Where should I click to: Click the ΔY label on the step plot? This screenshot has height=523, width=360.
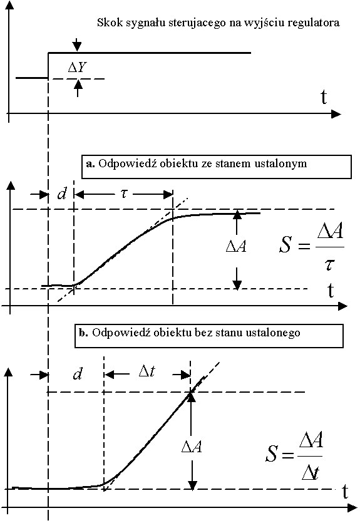pyautogui.click(x=78, y=68)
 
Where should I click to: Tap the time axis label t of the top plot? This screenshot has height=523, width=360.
pyautogui.click(x=324, y=97)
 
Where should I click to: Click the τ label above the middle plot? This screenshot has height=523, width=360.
pyautogui.click(x=124, y=193)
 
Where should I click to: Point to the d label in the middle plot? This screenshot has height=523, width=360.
pyautogui.click(x=62, y=194)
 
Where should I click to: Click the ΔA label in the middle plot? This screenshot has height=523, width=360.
pyautogui.click(x=236, y=247)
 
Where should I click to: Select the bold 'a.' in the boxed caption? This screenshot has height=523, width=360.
pyautogui.click(x=90, y=163)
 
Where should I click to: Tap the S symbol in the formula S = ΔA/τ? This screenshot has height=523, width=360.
pyautogui.click(x=285, y=244)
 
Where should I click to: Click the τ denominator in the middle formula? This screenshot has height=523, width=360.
pyautogui.click(x=329, y=264)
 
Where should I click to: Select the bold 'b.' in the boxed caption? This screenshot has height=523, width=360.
pyautogui.click(x=84, y=333)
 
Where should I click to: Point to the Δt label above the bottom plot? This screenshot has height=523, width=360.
pyautogui.click(x=147, y=371)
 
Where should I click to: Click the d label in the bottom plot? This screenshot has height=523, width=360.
pyautogui.click(x=78, y=374)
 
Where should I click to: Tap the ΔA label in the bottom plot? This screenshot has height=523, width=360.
pyautogui.click(x=192, y=447)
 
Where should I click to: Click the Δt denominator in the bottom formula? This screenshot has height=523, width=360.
pyautogui.click(x=311, y=473)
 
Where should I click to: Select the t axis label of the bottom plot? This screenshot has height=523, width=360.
pyautogui.click(x=345, y=492)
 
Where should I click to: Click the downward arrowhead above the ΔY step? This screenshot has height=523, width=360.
pyautogui.click(x=77, y=47)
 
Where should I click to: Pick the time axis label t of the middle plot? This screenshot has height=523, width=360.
pyautogui.click(x=331, y=290)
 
